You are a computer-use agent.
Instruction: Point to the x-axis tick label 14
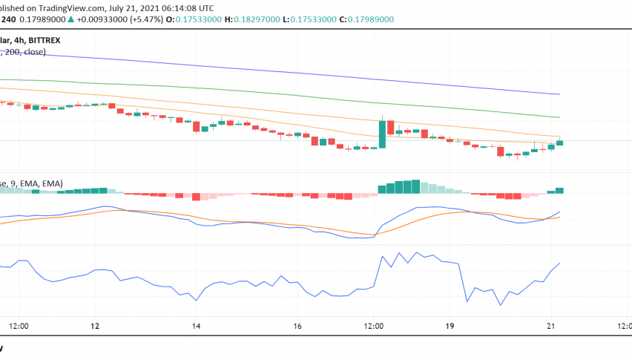tap(197, 327)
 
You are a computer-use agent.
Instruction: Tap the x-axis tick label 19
tap(450, 327)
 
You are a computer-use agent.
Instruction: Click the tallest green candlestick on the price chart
tap(382, 134)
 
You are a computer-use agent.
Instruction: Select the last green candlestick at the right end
tap(560, 142)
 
